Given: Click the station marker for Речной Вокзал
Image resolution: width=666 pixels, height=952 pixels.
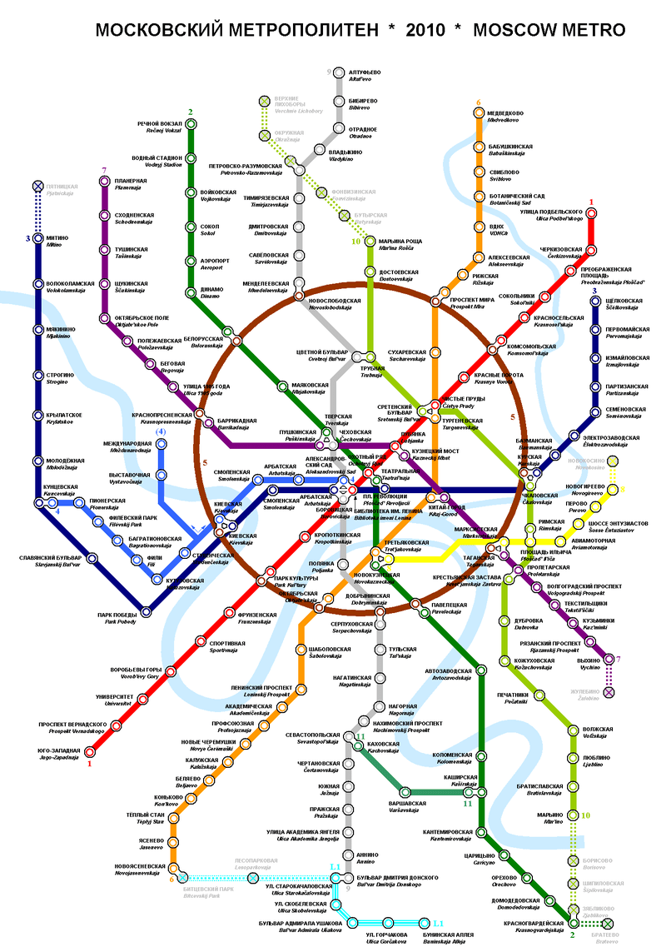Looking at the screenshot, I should tap(191, 125).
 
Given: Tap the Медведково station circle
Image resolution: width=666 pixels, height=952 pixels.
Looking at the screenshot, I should tap(479, 116).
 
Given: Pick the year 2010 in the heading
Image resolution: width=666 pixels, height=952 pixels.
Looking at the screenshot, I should tap(428, 31).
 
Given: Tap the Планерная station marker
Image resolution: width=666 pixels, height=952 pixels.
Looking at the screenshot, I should tap(105, 183).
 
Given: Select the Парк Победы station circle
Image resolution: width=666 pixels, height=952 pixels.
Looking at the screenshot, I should tap(147, 613).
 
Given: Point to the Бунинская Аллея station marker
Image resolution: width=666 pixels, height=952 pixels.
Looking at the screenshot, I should tap(425, 923).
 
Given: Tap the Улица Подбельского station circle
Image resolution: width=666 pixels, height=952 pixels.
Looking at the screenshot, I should tap(591, 212).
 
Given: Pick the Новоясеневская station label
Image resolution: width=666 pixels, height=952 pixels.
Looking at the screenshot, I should tap(138, 869).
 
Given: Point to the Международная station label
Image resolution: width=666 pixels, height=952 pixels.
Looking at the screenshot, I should tap(127, 446).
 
